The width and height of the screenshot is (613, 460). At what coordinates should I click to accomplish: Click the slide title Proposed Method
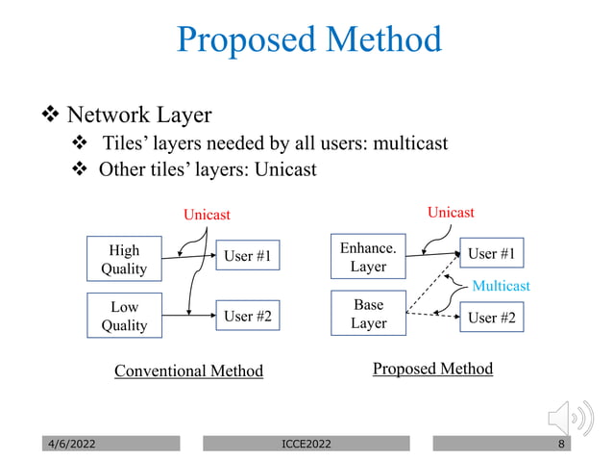pyautogui.click(x=309, y=40)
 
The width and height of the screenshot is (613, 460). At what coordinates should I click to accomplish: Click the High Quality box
pyautogui.click(x=124, y=259)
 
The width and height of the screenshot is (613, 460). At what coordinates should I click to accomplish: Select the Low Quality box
pyautogui.click(x=124, y=316)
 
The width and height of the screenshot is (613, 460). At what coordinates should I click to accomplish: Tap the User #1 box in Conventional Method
pyautogui.click(x=247, y=256)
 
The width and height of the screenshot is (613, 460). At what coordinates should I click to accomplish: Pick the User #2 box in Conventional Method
pyautogui.click(x=247, y=316)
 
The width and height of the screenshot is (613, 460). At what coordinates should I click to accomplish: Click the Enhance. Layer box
pyautogui.click(x=368, y=256)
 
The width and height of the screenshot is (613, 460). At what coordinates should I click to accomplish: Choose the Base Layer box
pyautogui.click(x=368, y=314)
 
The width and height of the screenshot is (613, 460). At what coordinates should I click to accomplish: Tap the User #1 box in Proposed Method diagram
pyautogui.click(x=491, y=254)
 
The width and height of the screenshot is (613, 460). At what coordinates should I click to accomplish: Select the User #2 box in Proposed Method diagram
pyautogui.click(x=491, y=317)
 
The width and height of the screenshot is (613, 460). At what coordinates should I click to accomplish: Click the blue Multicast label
pyautogui.click(x=501, y=286)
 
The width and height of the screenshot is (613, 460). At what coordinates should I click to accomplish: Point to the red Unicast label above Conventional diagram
pyautogui.click(x=208, y=215)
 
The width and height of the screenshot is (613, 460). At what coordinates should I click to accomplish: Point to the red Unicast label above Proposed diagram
pyautogui.click(x=451, y=212)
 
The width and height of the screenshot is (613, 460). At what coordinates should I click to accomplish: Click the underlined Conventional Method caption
pyautogui.click(x=188, y=371)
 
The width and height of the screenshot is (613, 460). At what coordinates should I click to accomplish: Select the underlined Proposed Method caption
pyautogui.click(x=432, y=369)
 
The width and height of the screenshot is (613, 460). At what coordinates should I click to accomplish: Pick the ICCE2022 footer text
pyautogui.click(x=306, y=444)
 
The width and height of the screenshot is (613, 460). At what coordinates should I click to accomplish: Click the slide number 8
pyautogui.click(x=560, y=444)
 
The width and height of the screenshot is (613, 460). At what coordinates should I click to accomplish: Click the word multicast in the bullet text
pyautogui.click(x=410, y=144)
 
